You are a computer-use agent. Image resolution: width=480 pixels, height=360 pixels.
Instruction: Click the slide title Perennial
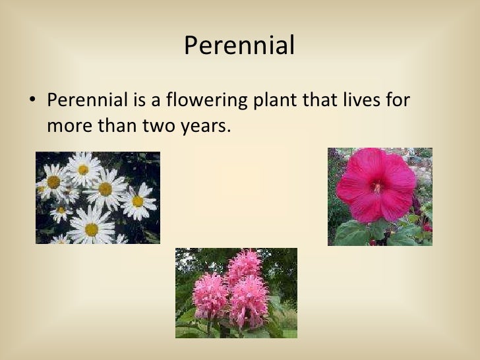coord(239,45)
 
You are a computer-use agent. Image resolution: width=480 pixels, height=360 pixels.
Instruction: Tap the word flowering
coord(197,102)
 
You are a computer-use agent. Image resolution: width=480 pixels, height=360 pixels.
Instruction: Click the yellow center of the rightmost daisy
coord(137,201)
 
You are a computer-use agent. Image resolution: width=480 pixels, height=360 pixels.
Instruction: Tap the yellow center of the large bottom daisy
coord(91,229)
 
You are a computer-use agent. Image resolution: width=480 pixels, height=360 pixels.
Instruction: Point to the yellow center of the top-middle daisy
coord(83,169)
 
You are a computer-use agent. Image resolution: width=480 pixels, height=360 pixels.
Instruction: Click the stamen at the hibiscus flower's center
coord(376,187)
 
